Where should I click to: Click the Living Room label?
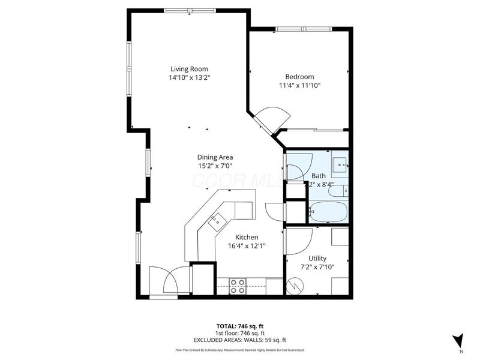click(189, 68)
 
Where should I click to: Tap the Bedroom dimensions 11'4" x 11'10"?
click(299, 86)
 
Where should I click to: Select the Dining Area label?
click(215, 157)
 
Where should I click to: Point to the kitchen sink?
click(216, 221)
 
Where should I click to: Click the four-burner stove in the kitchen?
click(238, 286)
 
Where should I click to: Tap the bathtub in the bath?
click(327, 212)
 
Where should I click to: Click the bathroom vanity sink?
click(340, 163)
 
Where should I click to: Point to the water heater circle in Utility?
click(295, 286)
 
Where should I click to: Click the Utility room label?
click(317, 258)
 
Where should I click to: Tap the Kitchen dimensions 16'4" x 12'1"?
click(247, 245)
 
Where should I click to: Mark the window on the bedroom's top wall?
click(304, 29)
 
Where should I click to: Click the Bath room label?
click(318, 176)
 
